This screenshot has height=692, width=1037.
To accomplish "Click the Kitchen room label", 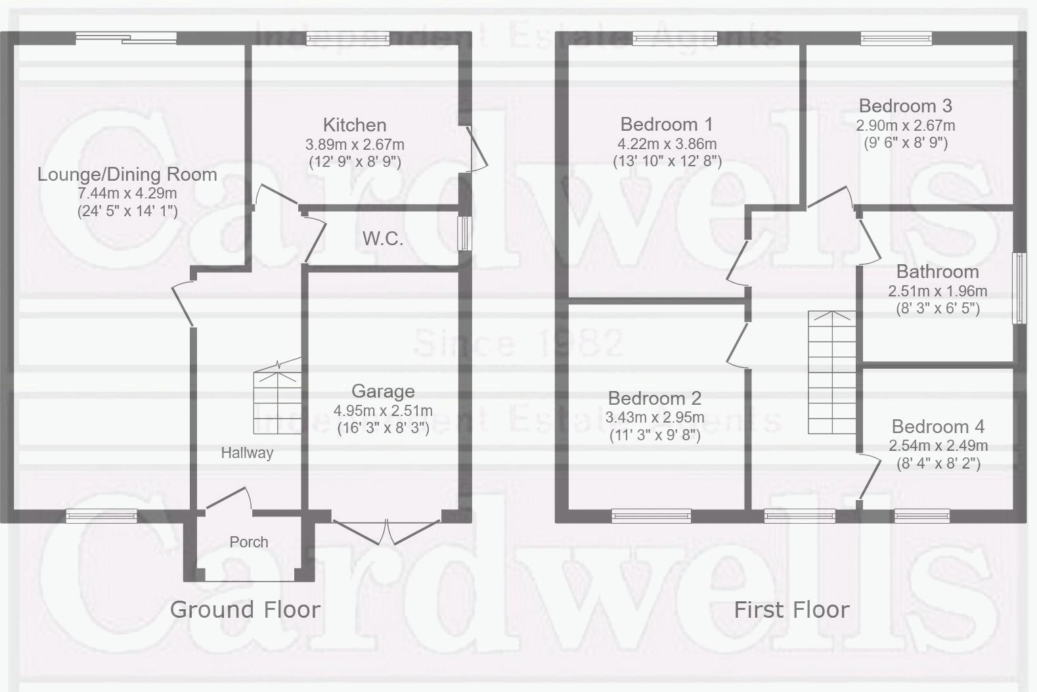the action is (x=355, y=125).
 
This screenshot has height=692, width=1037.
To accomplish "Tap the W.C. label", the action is (x=383, y=239).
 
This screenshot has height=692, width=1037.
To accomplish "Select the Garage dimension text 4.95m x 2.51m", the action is (x=383, y=410).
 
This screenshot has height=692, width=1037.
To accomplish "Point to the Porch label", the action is (x=249, y=542).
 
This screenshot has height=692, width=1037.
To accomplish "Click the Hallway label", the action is (x=247, y=453).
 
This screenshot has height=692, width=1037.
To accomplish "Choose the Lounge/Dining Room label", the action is (x=127, y=175).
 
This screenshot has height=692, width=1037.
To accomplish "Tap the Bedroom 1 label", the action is (x=667, y=124).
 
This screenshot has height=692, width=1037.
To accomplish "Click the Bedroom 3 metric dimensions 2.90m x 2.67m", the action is (x=906, y=126).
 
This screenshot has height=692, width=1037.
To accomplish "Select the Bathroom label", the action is (x=937, y=271).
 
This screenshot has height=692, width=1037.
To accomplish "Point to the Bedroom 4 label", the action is (x=938, y=426).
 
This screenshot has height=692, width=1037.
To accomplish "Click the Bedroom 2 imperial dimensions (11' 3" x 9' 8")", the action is (x=655, y=436).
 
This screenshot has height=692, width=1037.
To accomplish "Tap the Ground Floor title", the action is (x=246, y=610).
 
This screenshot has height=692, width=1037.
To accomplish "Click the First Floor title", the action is (x=791, y=610).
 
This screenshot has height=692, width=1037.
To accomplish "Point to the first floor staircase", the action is (x=832, y=373).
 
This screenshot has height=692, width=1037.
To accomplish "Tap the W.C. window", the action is (x=464, y=233).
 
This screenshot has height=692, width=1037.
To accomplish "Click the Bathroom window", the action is (x=1019, y=288).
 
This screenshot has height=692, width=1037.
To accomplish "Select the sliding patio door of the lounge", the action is (x=126, y=38).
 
